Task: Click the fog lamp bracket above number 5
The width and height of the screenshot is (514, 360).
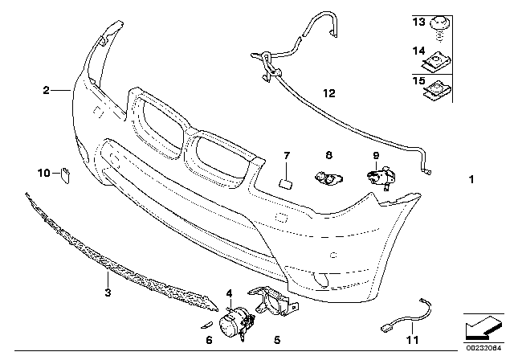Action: point(271,302)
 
